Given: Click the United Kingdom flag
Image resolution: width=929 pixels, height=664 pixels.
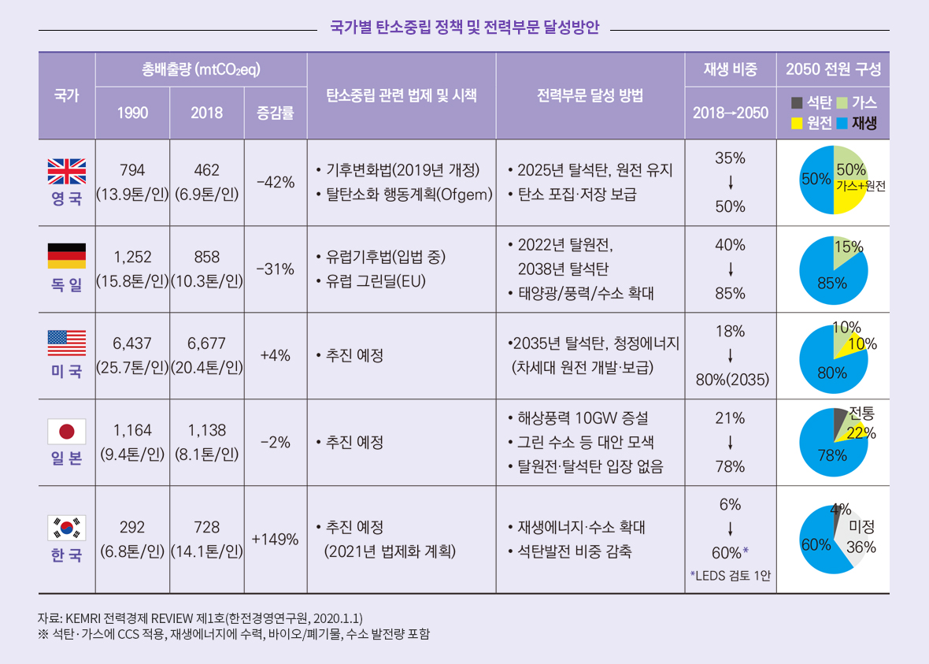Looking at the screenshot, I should [x=67, y=170].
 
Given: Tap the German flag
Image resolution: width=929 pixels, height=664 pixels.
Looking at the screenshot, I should [x=67, y=256].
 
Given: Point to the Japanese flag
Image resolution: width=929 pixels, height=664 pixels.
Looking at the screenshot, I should [x=67, y=429].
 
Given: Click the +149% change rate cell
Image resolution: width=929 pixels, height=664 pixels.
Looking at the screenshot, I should [x=275, y=540].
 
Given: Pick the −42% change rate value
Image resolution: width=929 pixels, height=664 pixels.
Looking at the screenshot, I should [x=275, y=182].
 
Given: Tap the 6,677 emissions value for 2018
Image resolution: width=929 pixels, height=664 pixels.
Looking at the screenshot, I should [x=206, y=343].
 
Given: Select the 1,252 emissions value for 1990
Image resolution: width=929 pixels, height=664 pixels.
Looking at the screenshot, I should [x=132, y=256].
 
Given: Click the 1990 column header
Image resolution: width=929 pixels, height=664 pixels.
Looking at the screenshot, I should [x=132, y=113].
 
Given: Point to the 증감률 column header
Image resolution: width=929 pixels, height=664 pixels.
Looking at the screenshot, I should [x=275, y=113].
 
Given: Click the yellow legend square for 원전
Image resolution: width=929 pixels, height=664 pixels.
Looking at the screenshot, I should [x=796, y=123].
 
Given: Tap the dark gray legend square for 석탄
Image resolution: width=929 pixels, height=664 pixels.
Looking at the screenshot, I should [x=796, y=102].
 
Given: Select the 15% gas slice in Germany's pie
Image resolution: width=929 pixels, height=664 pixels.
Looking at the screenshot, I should [x=846, y=251].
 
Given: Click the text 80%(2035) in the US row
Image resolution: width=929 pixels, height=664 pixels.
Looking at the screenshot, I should [x=730, y=380].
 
